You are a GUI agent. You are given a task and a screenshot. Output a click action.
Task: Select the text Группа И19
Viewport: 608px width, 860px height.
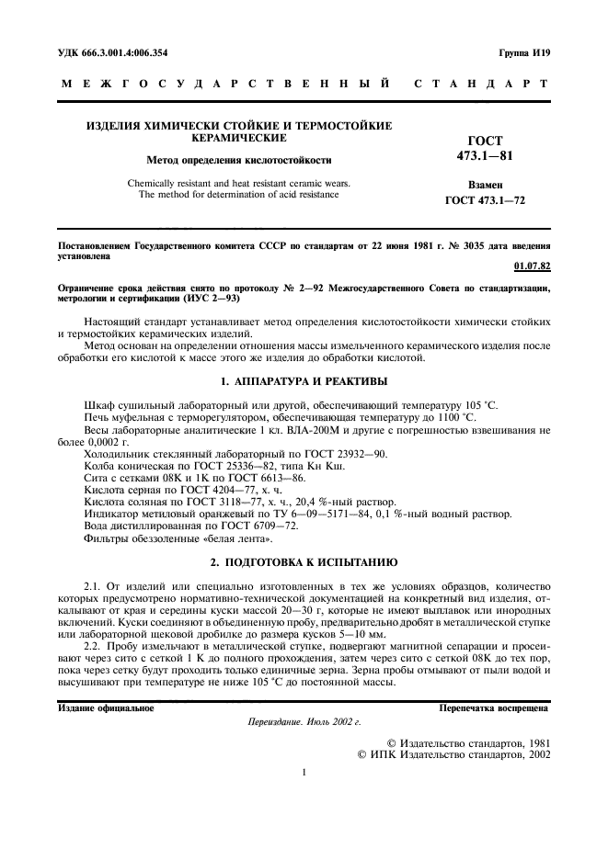tap(524, 53)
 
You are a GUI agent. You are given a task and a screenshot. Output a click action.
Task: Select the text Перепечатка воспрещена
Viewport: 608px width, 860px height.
tap(494, 708)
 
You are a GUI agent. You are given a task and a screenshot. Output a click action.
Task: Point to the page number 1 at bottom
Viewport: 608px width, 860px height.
tap(304, 772)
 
